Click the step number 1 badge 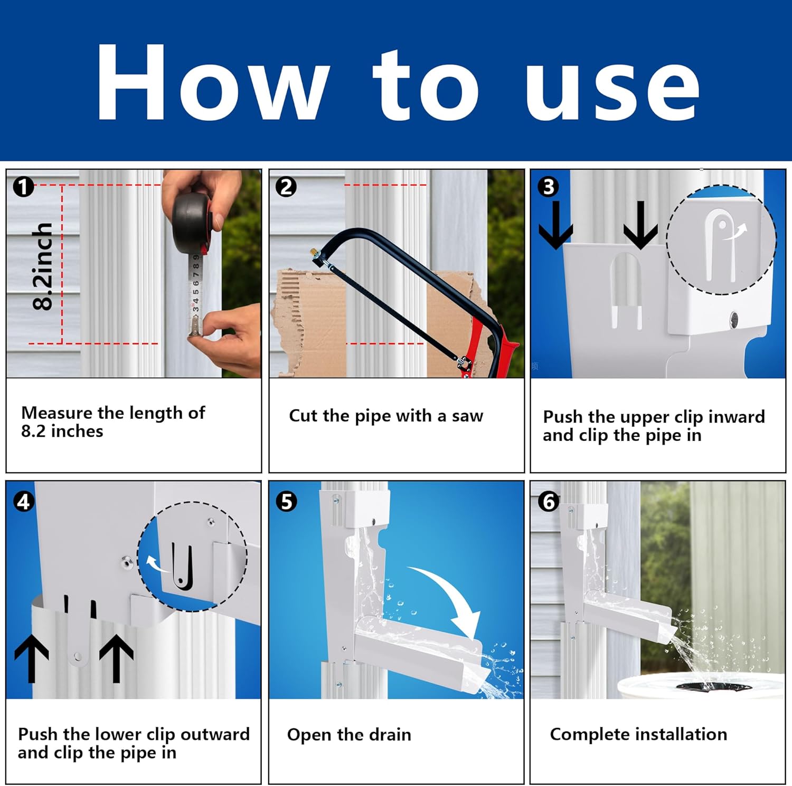[x=23, y=187]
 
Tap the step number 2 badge [x=286, y=187]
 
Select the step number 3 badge [x=548, y=187]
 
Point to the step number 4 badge [x=24, y=502]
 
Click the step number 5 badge [x=286, y=502]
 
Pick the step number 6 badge [x=549, y=502]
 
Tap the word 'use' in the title [x=612, y=90]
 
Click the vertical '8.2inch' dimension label [x=43, y=266]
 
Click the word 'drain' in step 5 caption [x=390, y=734]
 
